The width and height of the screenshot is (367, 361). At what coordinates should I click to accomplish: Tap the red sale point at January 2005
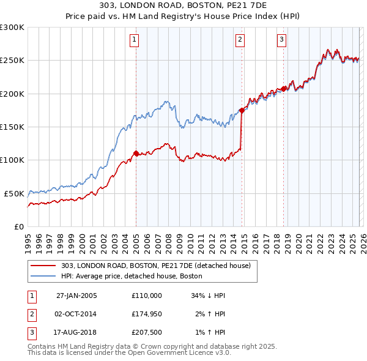coord(136,154)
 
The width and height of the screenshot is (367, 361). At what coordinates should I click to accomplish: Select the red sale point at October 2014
coord(242,111)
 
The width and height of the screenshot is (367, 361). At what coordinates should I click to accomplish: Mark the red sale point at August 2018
coord(284,89)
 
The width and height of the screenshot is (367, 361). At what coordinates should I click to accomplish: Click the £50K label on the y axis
coord(14,193)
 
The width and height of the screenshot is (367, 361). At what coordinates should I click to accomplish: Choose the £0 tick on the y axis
coord(20,226)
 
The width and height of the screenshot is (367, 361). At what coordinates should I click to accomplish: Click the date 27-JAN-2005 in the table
coord(76,296)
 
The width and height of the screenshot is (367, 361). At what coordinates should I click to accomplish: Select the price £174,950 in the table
coord(146,314)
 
